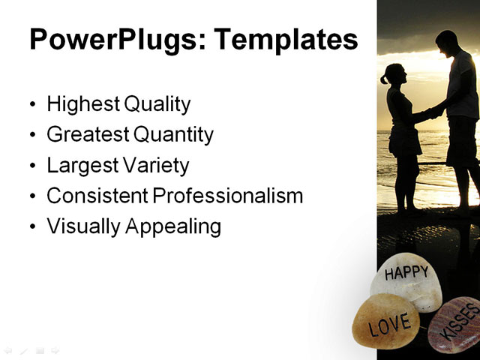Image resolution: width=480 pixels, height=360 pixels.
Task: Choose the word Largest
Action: click(x=78, y=165)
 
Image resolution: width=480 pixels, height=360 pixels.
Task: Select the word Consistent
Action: click(x=97, y=196)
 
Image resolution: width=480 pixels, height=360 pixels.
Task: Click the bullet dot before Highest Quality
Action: click(x=32, y=105)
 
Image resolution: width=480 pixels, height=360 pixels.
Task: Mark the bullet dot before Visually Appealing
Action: click(x=32, y=227)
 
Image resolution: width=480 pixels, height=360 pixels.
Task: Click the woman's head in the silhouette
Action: click(x=394, y=75)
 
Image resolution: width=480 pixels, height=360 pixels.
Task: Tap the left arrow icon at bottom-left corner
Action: click(x=8, y=350)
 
